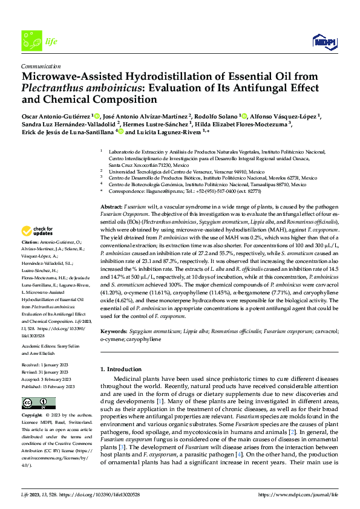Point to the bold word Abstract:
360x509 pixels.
click(x=111, y=207)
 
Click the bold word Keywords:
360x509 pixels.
click(x=114, y=332)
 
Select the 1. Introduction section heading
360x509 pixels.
click(x=123, y=369)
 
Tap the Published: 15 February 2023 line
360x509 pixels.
click(x=48, y=386)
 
